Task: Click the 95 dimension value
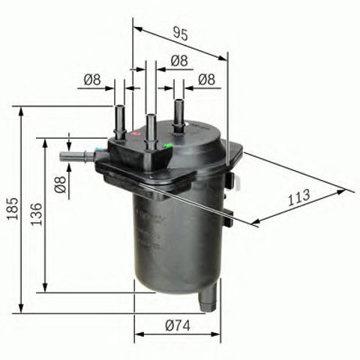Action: point(180,32)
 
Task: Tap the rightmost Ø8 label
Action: point(207,79)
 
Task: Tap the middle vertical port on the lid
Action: point(151,127)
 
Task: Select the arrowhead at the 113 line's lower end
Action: point(256,221)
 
